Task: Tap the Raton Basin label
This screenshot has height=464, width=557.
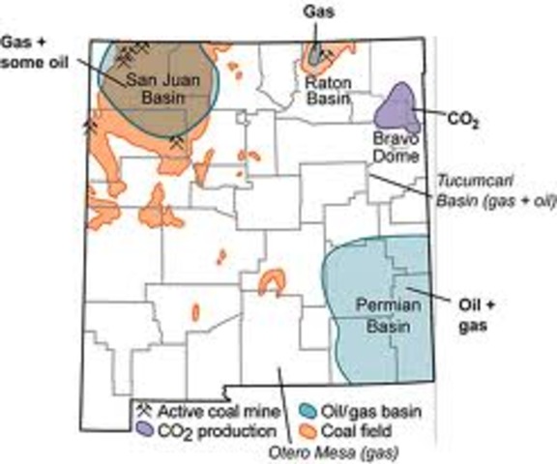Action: coord(327,90)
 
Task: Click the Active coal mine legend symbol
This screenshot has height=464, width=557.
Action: coord(145,410)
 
